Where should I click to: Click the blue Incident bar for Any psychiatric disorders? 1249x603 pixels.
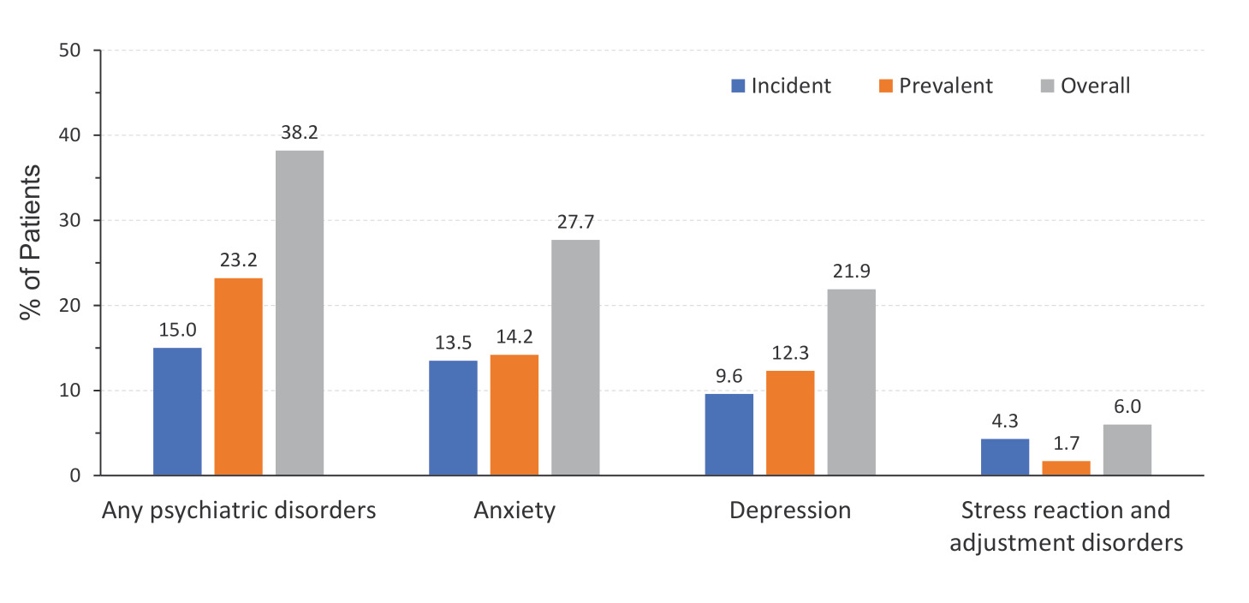click(x=177, y=411)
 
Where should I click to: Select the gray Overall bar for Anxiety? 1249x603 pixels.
click(x=575, y=357)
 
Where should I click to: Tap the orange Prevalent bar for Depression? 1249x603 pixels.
click(x=790, y=422)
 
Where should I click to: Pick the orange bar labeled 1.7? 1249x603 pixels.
click(x=1066, y=468)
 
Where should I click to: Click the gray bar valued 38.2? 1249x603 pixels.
click(x=300, y=313)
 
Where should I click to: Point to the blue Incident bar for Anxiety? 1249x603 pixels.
click(x=453, y=417)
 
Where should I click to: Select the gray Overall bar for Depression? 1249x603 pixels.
click(x=852, y=382)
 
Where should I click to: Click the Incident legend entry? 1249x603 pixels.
click(x=781, y=86)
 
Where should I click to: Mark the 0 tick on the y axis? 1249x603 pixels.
click(x=75, y=475)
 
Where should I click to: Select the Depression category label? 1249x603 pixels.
click(x=790, y=511)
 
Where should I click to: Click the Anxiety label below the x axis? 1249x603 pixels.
click(x=514, y=511)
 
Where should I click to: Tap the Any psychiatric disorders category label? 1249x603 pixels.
click(x=239, y=511)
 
